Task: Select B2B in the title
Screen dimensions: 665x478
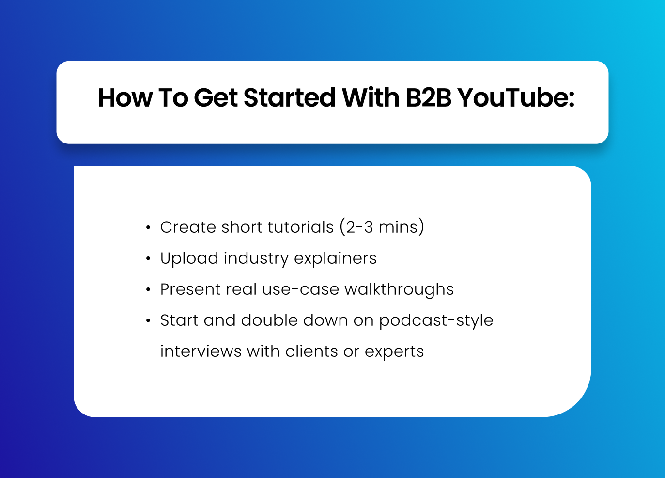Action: point(428,97)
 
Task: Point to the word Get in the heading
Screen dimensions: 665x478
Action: point(216,97)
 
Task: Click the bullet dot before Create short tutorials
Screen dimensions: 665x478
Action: point(148,228)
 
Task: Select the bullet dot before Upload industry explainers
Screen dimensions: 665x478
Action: point(148,259)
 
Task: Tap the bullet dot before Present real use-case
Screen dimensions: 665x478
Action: point(148,289)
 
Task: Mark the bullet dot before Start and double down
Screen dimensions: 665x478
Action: point(148,321)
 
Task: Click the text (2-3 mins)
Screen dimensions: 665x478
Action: point(382,227)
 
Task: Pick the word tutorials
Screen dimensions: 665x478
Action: point(301,227)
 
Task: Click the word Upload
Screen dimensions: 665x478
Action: point(189,258)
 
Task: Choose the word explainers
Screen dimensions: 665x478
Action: point(335,258)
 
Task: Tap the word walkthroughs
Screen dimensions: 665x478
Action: point(399,289)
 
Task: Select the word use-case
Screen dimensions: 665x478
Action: point(300,289)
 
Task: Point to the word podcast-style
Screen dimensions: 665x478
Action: point(436,321)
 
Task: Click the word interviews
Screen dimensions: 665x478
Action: point(201,351)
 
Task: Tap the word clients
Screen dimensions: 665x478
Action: point(312,351)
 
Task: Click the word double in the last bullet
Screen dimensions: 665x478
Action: point(269,320)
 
